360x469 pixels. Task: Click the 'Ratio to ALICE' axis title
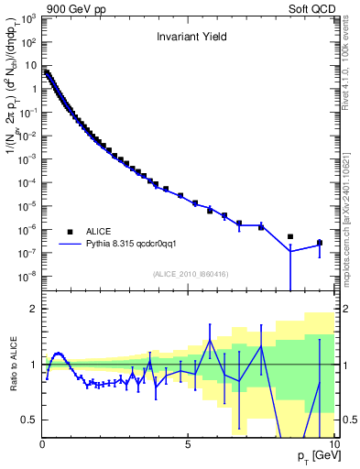click(12, 364)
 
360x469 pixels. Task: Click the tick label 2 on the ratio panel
click(35, 309)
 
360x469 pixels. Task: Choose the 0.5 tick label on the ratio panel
click(30, 420)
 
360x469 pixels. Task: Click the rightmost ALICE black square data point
click(319, 243)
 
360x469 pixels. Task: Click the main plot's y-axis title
click(12, 147)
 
